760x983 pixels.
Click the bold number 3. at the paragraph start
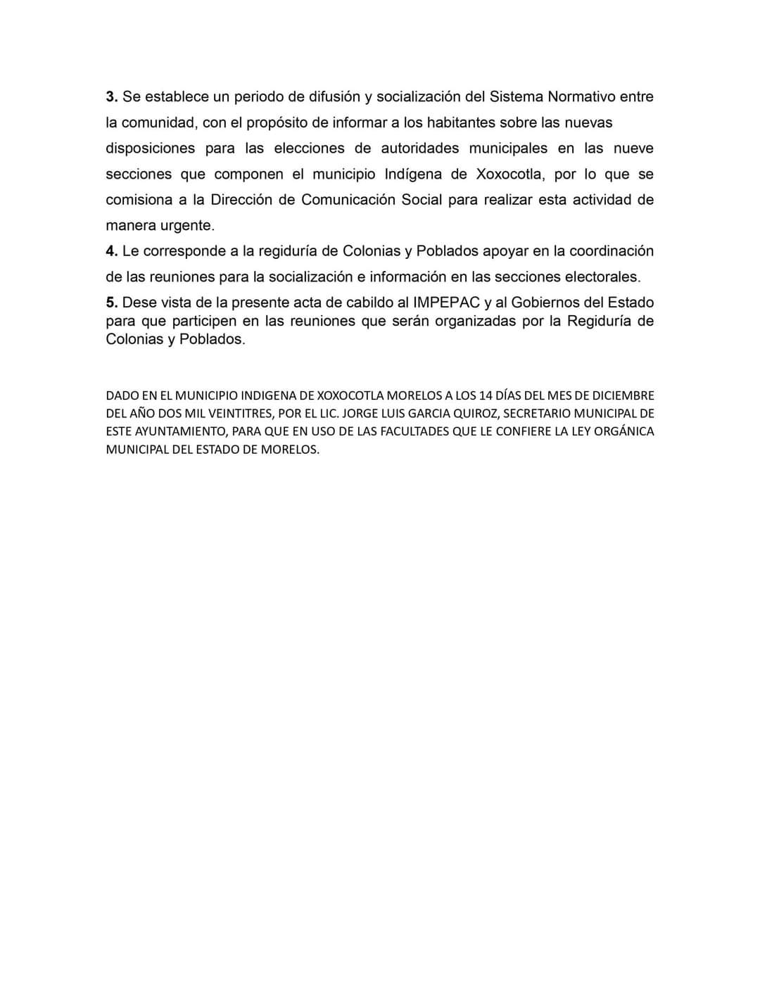tap(112, 97)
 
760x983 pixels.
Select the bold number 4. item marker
tap(112, 251)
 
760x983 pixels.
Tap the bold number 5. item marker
tap(112, 303)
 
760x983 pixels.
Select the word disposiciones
tap(150, 148)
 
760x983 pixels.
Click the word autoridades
tap(419, 148)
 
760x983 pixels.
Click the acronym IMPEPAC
tap(446, 303)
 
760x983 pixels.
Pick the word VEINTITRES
tap(237, 414)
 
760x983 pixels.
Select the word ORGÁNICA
tap(624, 431)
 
